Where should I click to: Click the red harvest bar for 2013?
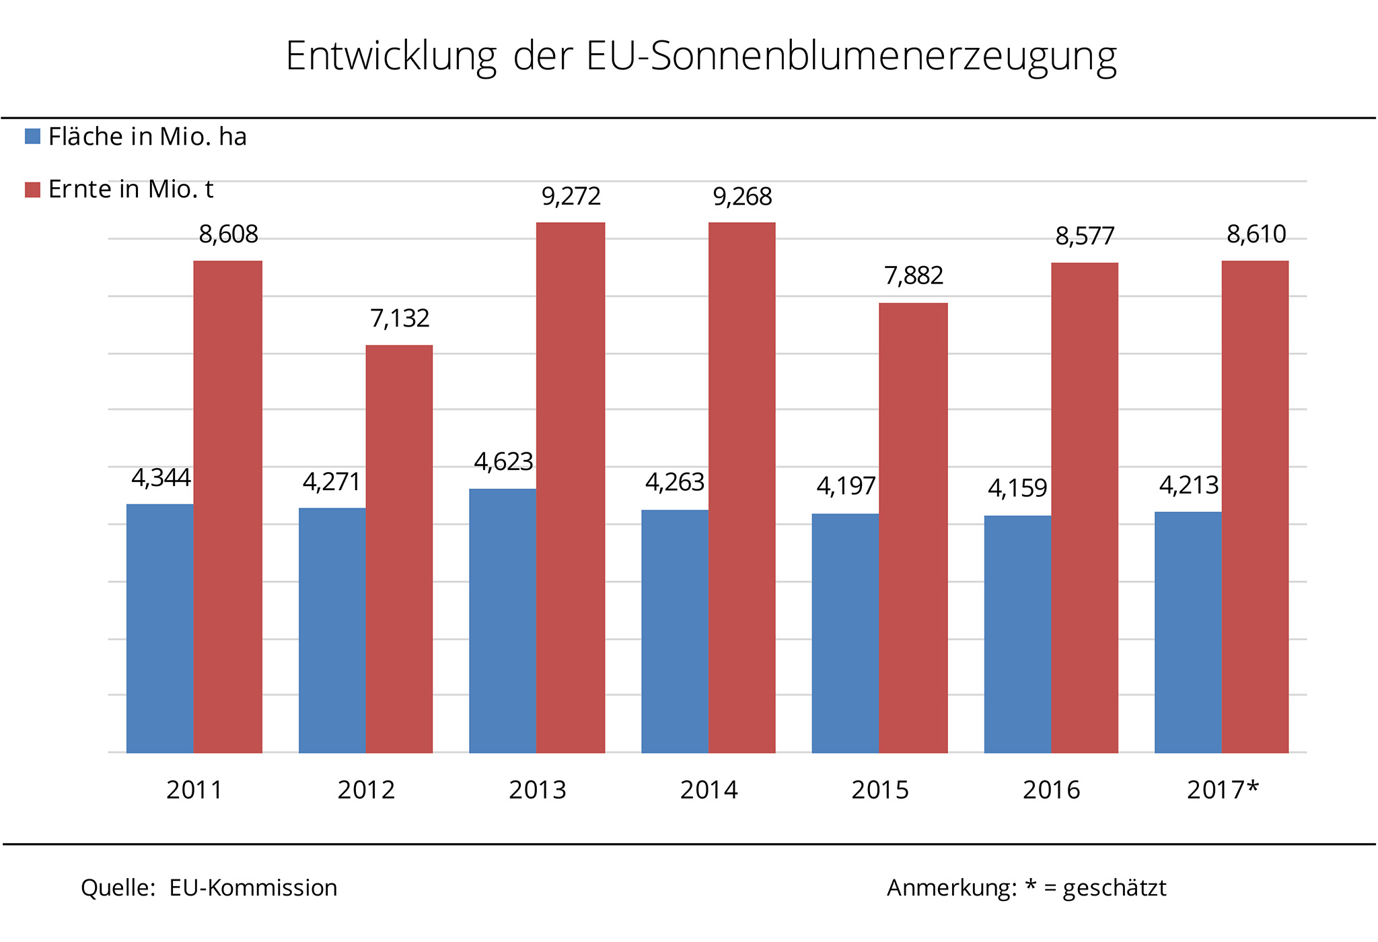pyautogui.click(x=571, y=487)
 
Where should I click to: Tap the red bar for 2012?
pyautogui.click(x=399, y=549)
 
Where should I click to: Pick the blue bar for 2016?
pyautogui.click(x=1017, y=634)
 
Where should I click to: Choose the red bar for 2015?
pyautogui.click(x=913, y=528)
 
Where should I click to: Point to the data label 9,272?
pyautogui.click(x=571, y=197)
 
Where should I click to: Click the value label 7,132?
pyautogui.click(x=400, y=318)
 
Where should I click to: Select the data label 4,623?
pyautogui.click(x=503, y=462)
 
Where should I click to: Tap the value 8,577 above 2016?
pyautogui.click(x=1085, y=236)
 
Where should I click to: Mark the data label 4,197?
pyautogui.click(x=846, y=486)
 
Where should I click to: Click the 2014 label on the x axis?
pyautogui.click(x=709, y=790)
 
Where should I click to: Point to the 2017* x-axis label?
pyautogui.click(x=1222, y=790)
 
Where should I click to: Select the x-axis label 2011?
pyautogui.click(x=194, y=790)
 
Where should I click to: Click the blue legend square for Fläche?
pyautogui.click(x=32, y=137)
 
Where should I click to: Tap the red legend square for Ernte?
pyautogui.click(x=32, y=190)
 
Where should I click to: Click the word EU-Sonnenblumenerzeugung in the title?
pyautogui.click(x=851, y=57)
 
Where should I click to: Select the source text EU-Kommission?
pyautogui.click(x=253, y=888)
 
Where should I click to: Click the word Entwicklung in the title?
pyautogui.click(x=391, y=57)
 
